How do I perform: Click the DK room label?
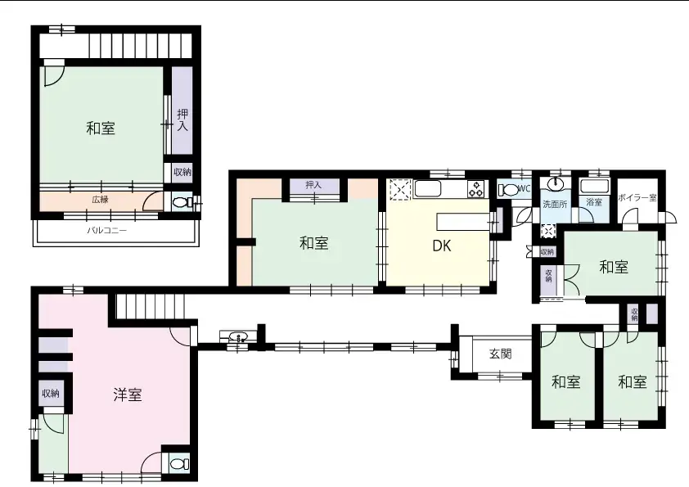(442, 246)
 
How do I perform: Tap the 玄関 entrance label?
(501, 354)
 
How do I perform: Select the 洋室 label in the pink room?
(128, 395)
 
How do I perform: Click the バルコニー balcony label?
(106, 230)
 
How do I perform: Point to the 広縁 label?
(100, 199)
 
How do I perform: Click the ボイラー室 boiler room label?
(637, 198)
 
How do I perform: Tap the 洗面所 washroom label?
(555, 205)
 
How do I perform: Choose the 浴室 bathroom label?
(594, 202)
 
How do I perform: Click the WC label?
(525, 189)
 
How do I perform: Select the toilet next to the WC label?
(509, 190)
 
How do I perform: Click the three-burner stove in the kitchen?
(476, 189)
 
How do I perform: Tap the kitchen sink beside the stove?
(427, 189)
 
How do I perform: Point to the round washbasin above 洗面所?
(556, 183)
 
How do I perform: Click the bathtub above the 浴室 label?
(594, 186)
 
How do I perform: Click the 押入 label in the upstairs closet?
(182, 120)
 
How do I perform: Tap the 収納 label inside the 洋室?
(51, 393)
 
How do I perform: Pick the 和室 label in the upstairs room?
(101, 129)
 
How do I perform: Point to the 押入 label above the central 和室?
(313, 185)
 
